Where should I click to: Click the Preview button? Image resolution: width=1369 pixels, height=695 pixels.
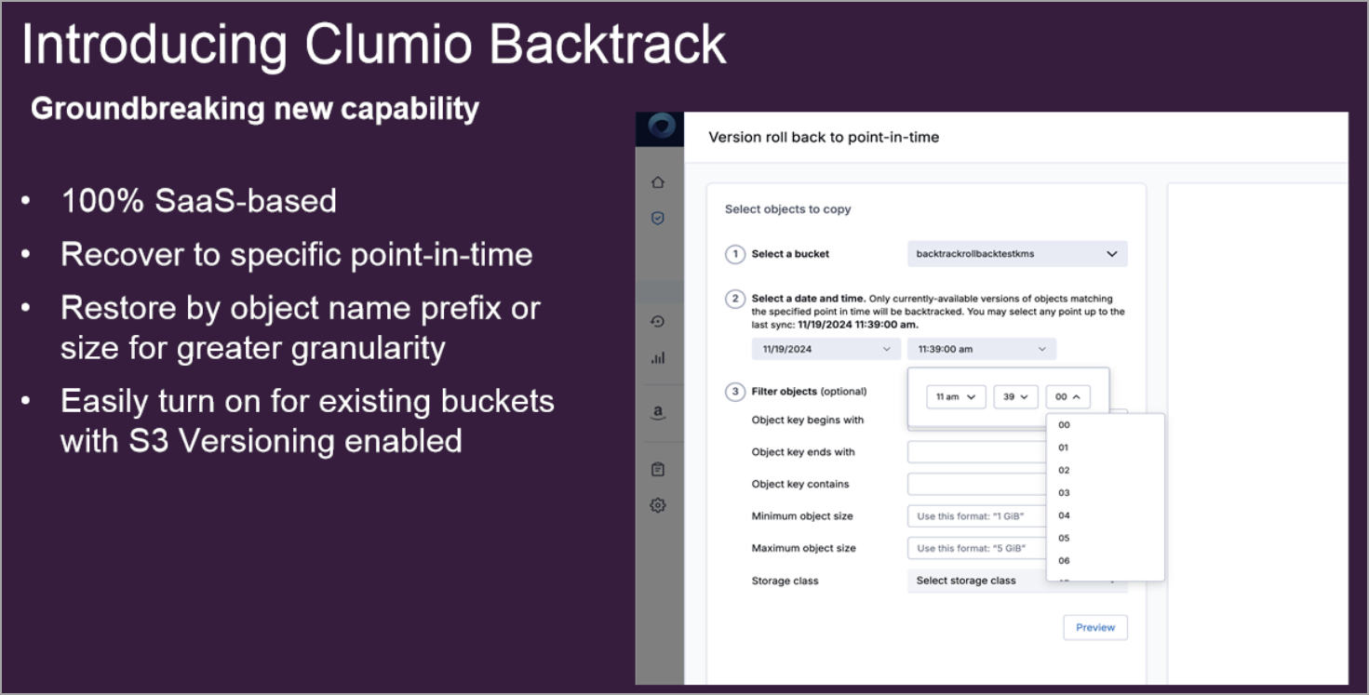tap(1095, 627)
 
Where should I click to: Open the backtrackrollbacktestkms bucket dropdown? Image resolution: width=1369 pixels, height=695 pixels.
tap(1017, 253)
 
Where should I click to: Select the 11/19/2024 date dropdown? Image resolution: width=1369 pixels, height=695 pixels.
tap(825, 349)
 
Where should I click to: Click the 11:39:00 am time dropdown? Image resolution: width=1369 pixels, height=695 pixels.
tap(982, 349)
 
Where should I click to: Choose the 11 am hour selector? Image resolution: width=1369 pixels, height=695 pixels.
tap(956, 397)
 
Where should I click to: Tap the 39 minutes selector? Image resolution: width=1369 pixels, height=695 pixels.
tap(1015, 397)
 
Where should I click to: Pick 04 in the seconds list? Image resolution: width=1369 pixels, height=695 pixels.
tap(1064, 515)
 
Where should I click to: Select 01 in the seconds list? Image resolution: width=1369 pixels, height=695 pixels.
tap(1064, 448)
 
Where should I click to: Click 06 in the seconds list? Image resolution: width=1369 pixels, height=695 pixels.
tap(1064, 561)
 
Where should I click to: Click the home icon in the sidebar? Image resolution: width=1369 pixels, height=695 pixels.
tap(658, 182)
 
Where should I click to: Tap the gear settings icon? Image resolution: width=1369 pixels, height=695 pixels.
tap(658, 505)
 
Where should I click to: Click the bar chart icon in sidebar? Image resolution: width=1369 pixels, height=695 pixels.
tap(658, 358)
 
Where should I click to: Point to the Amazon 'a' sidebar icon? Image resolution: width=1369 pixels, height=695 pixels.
tap(658, 412)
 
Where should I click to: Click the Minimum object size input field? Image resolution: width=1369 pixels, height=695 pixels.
tap(976, 516)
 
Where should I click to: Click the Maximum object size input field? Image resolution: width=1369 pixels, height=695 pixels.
tap(976, 548)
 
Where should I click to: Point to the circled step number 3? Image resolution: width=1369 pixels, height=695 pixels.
tap(734, 392)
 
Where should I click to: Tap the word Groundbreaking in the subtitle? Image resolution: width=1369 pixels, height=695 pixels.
tap(147, 109)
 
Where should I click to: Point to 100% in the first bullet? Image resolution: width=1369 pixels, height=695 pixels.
tap(102, 200)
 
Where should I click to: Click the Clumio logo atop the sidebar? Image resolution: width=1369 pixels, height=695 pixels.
tap(661, 127)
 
